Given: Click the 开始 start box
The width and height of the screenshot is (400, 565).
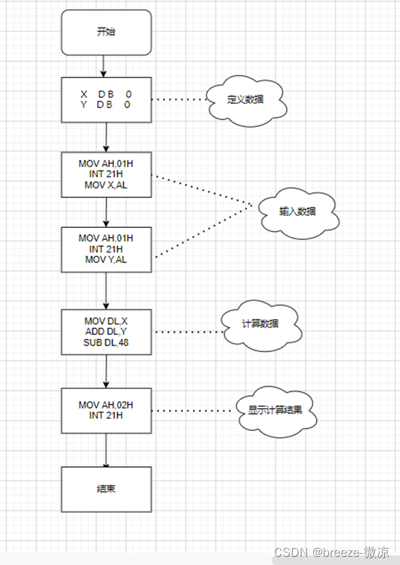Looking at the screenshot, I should [106, 32].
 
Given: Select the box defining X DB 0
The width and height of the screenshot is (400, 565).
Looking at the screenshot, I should [106, 99].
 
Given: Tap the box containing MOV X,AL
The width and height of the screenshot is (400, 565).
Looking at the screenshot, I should [106, 174].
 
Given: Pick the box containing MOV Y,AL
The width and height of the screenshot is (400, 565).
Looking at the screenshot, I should [106, 249].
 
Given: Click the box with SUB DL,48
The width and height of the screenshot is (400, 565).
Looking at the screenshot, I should [106, 332].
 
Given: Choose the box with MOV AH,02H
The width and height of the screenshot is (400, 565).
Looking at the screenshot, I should [106, 410].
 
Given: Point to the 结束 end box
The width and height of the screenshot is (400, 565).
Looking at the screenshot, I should [106, 490].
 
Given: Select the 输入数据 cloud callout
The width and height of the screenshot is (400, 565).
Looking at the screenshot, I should [298, 212].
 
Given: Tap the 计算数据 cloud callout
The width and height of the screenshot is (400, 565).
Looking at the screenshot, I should [260, 325].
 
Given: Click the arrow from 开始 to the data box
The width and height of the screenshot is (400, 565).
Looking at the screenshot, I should [105, 65].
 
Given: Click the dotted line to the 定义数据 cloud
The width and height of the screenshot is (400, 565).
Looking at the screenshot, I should [179, 99].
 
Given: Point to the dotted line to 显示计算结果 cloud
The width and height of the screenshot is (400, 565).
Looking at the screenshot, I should [194, 411].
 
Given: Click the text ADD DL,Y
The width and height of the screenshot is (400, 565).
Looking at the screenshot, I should [106, 332].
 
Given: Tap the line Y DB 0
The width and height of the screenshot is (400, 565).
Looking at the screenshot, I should [106, 105].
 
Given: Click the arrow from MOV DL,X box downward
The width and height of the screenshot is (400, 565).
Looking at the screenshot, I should [106, 371].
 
